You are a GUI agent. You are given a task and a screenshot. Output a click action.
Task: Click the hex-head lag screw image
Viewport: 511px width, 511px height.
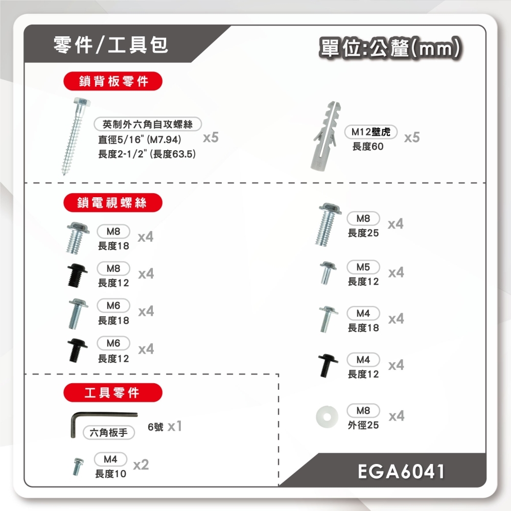(x=75, y=135)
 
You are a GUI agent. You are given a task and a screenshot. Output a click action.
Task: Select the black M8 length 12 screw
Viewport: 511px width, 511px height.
(x=77, y=275)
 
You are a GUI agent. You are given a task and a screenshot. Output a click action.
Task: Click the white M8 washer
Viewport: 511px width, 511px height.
(x=327, y=416)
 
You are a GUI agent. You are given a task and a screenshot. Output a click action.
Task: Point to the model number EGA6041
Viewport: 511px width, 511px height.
(x=401, y=471)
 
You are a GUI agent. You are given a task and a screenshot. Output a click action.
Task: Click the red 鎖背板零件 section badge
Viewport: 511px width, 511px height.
(x=113, y=81)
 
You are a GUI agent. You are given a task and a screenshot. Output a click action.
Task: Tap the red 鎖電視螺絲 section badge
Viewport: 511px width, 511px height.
(x=113, y=203)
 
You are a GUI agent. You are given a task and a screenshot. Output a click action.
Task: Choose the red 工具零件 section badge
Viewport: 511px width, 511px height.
(x=113, y=392)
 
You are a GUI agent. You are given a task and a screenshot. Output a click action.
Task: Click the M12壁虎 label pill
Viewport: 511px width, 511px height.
(x=371, y=132)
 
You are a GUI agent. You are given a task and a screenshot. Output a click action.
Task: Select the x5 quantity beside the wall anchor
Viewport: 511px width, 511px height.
(x=412, y=137)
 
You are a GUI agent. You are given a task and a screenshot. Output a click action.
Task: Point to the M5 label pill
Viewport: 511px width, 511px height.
(x=363, y=267)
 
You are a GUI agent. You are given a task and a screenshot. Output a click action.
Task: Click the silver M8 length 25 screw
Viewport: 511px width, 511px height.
(x=328, y=224)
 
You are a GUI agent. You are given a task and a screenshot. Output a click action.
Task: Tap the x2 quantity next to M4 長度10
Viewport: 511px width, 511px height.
(x=141, y=464)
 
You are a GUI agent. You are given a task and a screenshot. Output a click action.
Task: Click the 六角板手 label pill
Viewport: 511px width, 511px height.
(x=108, y=433)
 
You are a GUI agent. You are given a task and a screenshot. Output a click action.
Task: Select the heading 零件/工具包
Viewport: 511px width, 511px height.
(x=111, y=45)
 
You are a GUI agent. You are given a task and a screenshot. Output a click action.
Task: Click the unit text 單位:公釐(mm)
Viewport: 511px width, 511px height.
(x=390, y=48)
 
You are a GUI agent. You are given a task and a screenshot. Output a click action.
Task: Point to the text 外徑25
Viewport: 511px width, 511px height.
(x=363, y=425)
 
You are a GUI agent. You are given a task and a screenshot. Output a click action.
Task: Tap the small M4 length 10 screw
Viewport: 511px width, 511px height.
(x=78, y=467)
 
